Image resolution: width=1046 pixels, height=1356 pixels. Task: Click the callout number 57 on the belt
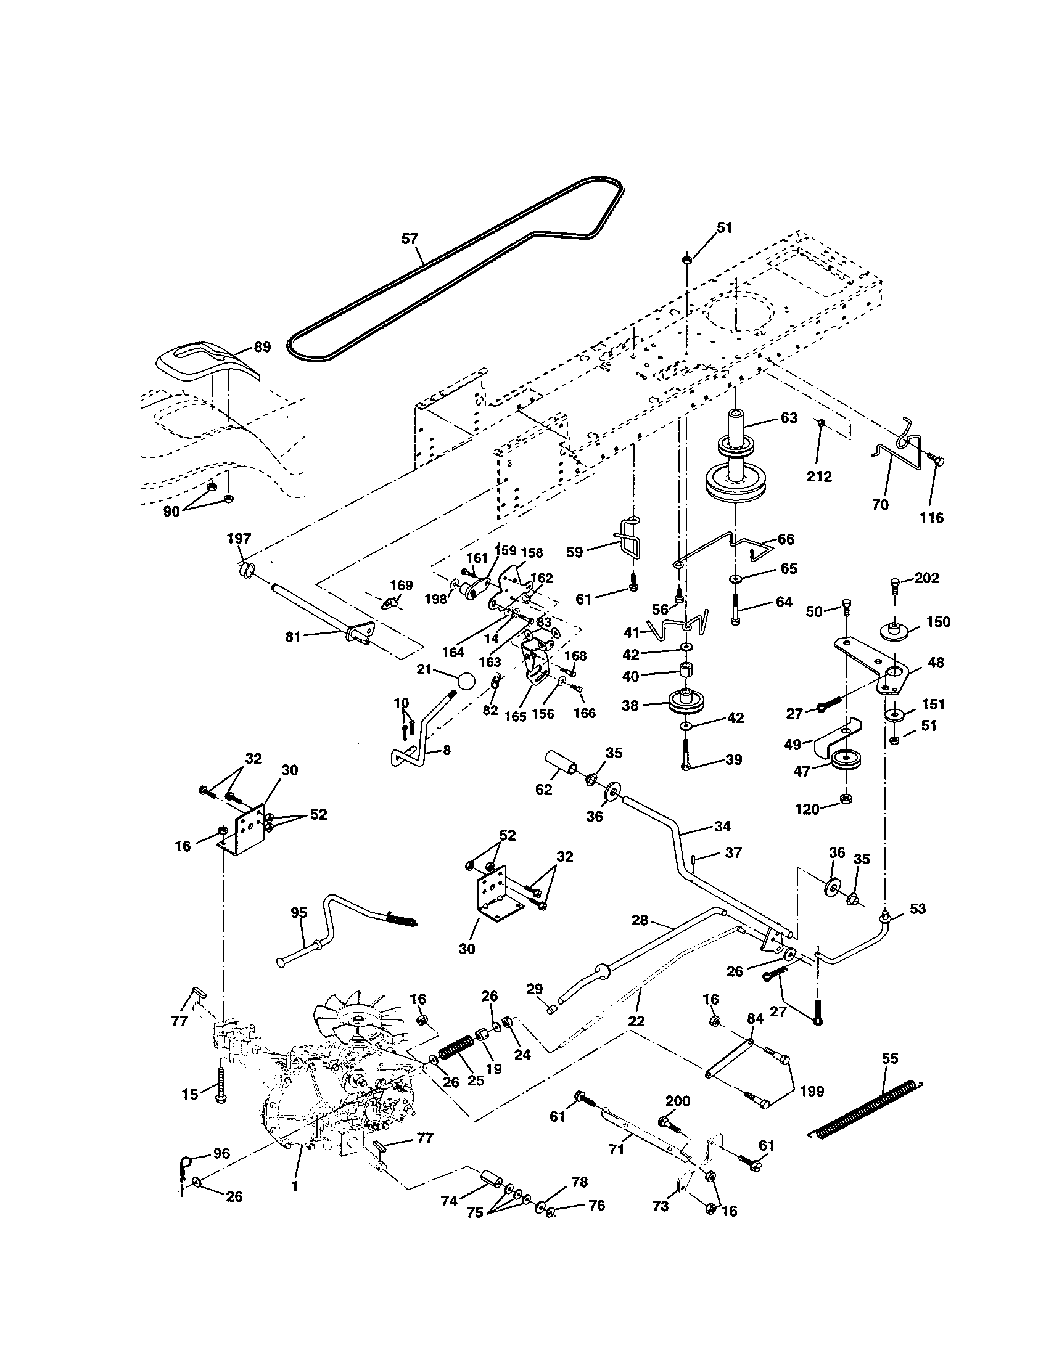point(410,239)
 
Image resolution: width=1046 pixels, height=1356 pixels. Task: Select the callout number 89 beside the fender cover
point(262,346)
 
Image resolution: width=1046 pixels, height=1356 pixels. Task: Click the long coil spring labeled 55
point(867,1110)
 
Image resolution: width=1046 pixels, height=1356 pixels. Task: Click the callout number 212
point(818,477)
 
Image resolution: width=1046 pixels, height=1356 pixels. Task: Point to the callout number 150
point(938,621)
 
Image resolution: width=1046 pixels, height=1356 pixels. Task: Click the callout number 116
point(931,517)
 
